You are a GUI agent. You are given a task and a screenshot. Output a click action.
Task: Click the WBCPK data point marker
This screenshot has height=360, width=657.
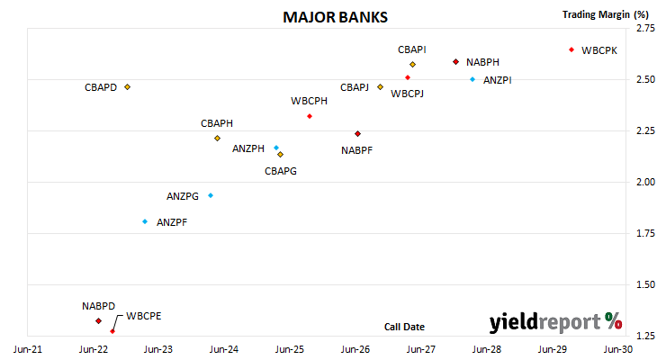[571, 49]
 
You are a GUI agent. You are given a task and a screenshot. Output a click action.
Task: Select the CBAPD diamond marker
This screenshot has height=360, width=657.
[128, 87]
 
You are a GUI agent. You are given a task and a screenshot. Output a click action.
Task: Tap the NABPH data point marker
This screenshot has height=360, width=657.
[456, 62]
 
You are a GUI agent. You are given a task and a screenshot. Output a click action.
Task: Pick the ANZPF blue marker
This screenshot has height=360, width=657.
[145, 221]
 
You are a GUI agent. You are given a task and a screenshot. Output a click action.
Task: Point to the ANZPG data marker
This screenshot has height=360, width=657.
[211, 195]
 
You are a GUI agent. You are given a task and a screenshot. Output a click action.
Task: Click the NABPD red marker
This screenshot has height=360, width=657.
[98, 321]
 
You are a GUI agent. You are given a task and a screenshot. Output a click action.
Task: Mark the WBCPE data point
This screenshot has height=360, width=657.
[112, 331]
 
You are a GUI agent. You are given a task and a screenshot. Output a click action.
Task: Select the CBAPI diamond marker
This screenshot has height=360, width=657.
[413, 65]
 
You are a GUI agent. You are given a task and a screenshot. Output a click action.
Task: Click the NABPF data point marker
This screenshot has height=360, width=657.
[358, 134]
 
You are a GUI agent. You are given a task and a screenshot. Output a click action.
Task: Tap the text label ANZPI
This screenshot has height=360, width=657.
[498, 80]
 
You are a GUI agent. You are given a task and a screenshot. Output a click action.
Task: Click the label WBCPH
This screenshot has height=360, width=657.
[310, 101]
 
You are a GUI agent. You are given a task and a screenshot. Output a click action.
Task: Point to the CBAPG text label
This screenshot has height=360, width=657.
[281, 171]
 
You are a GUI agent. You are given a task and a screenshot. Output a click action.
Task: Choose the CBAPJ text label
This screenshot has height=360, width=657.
[355, 87]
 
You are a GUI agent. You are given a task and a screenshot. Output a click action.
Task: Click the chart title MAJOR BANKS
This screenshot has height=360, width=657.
[335, 17]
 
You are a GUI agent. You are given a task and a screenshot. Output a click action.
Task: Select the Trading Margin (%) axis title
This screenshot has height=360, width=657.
[606, 14]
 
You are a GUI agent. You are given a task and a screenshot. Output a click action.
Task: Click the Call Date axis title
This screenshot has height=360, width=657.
[404, 327]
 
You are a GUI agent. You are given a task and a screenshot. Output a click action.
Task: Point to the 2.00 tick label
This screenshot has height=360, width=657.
[645, 182]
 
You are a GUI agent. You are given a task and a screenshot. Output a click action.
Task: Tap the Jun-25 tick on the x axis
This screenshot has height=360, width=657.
[289, 349]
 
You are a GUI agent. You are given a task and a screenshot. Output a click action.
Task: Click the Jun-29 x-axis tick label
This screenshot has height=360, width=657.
[553, 349]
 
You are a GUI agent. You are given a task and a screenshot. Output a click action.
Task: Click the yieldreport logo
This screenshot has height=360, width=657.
[555, 322]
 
